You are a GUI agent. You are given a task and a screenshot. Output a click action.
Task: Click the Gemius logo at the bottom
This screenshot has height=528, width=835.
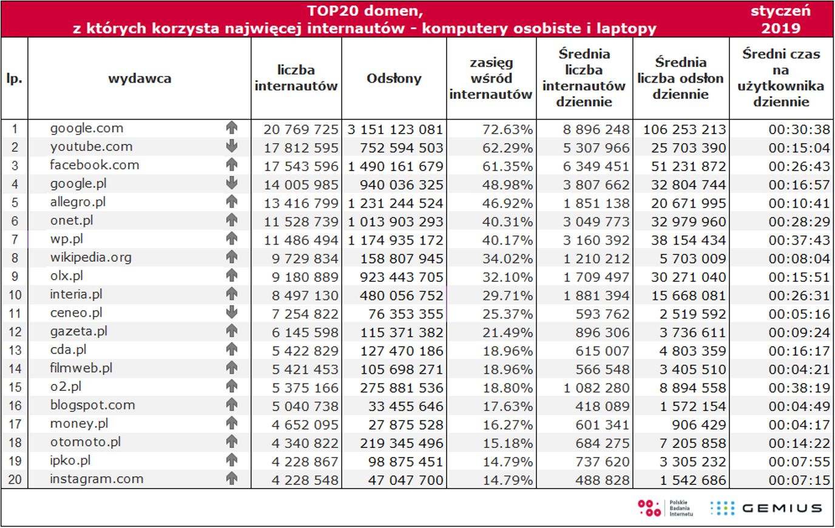766,508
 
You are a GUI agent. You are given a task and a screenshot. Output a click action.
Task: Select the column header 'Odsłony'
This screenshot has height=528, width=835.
394,78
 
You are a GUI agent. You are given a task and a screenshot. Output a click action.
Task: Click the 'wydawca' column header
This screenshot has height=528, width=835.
140,78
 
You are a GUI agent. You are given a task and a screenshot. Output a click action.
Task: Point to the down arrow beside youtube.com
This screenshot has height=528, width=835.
231,146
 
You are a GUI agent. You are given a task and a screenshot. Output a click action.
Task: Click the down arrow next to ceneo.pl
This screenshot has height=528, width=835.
231,313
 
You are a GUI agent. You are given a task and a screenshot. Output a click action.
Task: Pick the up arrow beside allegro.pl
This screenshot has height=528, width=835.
231,202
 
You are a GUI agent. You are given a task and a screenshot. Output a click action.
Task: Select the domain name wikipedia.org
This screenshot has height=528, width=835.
90,257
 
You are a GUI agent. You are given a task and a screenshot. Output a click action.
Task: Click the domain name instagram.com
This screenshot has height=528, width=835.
96,479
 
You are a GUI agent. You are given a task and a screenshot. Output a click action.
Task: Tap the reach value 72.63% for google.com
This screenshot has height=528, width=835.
507,129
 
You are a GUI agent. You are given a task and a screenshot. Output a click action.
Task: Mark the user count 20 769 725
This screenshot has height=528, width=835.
300,129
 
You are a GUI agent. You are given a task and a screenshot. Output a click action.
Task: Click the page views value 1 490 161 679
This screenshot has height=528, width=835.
396,166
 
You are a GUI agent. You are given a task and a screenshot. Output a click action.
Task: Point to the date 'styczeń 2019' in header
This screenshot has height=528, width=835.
780,19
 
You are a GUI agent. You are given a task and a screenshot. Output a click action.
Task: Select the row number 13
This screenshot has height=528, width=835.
15,350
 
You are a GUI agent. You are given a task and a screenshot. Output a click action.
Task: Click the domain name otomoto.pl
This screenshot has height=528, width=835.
85,442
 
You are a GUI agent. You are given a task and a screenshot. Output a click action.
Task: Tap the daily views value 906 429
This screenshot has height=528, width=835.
698,425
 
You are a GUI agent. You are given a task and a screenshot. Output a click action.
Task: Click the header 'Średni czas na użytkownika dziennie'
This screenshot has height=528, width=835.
780,78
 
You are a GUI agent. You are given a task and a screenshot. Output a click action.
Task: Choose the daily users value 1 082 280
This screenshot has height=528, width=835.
597,388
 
